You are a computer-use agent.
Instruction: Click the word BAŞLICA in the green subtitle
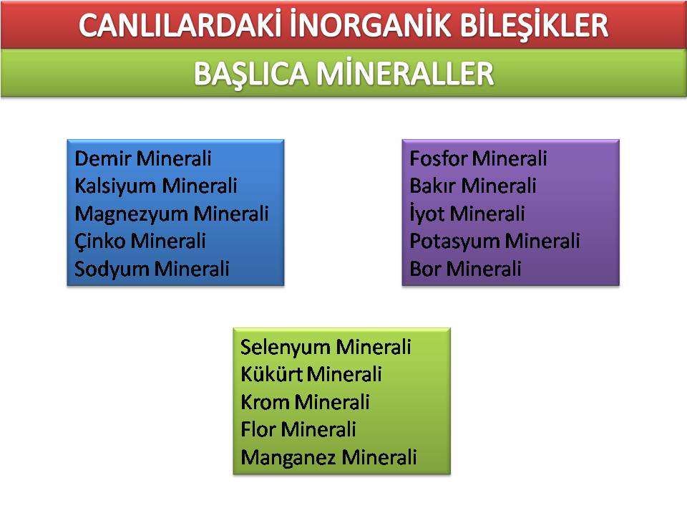click(251, 73)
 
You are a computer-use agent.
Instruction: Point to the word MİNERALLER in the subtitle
click(405, 73)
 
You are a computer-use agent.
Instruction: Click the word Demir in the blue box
click(102, 158)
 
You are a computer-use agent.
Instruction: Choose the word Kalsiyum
click(114, 186)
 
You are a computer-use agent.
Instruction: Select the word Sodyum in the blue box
click(112, 269)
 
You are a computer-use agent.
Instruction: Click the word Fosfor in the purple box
click(437, 158)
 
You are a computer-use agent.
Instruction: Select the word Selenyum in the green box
click(285, 347)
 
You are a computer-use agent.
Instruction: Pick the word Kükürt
click(271, 374)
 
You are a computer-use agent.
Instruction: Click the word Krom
click(265, 402)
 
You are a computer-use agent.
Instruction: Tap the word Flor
click(258, 429)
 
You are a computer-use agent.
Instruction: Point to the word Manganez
click(288, 457)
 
